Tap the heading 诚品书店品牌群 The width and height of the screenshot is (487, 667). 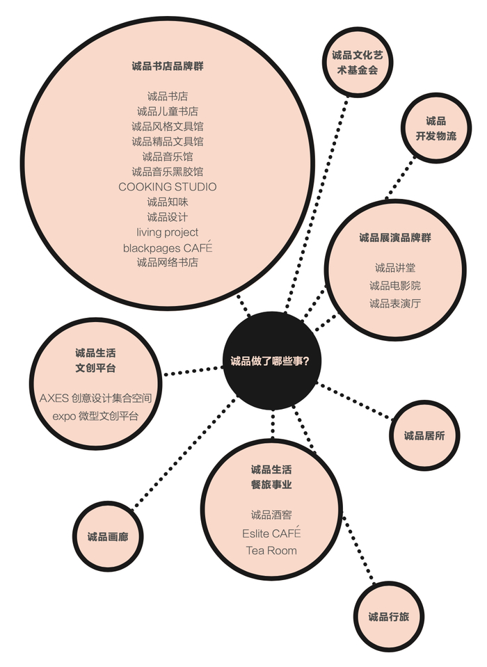point(167,66)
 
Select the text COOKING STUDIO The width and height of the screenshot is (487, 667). point(167,186)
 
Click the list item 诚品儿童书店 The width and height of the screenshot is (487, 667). point(167,111)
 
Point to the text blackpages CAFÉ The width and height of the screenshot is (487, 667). point(167,248)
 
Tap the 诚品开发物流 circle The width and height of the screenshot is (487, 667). point(436,129)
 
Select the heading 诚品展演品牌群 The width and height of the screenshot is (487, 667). point(394,237)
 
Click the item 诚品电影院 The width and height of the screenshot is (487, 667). point(394,285)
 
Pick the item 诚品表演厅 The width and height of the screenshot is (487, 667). point(394,303)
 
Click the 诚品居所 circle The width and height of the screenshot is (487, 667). point(424,435)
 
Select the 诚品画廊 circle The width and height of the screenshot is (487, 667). point(108,536)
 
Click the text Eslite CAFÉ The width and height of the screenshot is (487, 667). point(271,533)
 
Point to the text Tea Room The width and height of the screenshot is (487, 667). point(271,551)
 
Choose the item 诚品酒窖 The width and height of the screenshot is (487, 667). point(271,515)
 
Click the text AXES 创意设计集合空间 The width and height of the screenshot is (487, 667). point(95,399)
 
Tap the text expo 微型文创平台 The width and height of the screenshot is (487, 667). point(95,416)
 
